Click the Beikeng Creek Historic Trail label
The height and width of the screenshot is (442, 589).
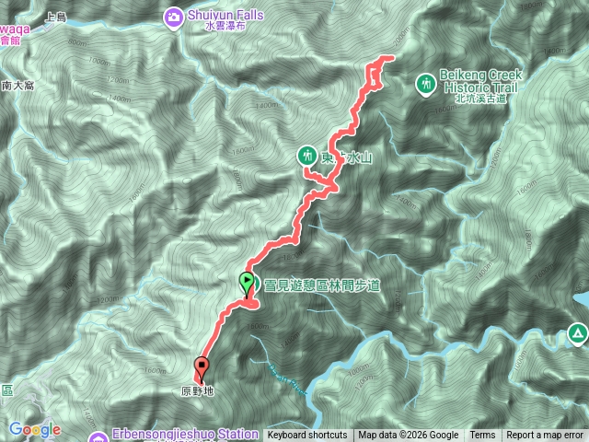[x=482, y=79]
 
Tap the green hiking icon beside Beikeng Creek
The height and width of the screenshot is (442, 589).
[x=425, y=84]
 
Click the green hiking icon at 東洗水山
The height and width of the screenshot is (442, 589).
[x=307, y=156]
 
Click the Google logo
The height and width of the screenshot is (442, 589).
[x=35, y=429]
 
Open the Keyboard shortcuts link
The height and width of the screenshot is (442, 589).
[x=307, y=436]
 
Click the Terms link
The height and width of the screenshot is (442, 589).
[x=482, y=436]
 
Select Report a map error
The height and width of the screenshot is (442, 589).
[x=545, y=436]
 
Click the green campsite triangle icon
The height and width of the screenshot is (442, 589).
[x=577, y=332]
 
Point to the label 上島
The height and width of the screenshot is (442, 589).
[x=56, y=17]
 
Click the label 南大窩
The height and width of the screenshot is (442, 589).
[x=17, y=85]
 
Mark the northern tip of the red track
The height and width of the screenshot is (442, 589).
[x=390, y=58]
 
